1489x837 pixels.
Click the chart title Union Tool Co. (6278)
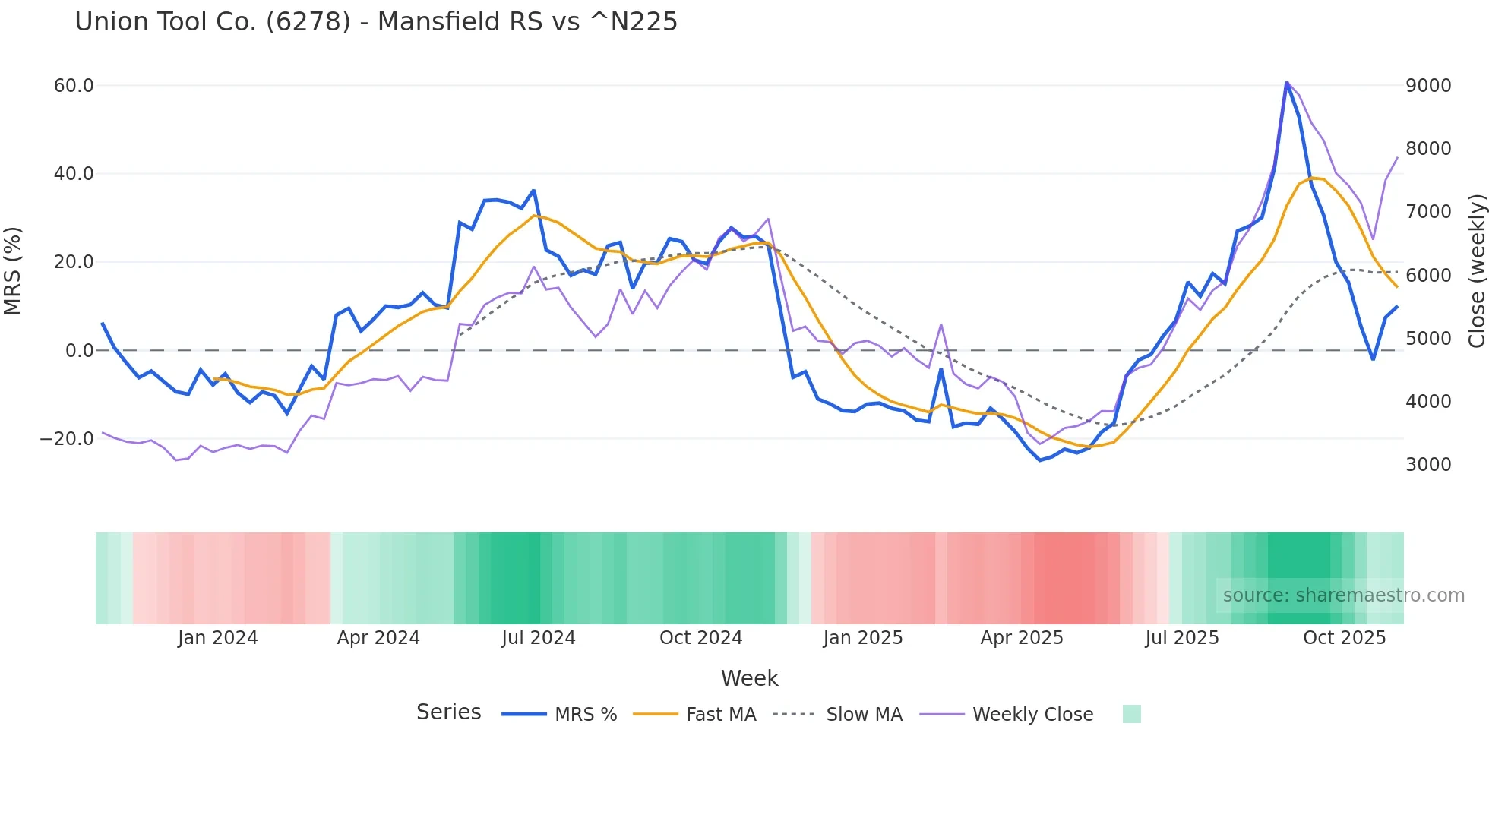tap(375, 22)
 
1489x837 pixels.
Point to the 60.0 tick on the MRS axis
tap(74, 86)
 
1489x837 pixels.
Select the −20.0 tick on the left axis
tap(68, 439)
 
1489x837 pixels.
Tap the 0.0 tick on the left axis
tap(80, 351)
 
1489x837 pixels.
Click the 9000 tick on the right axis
tap(1428, 86)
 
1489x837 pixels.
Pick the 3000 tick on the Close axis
tap(1428, 465)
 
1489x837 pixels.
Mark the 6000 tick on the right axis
tap(1428, 276)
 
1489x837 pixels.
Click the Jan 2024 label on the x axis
tap(218, 638)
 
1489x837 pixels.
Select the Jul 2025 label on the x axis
tap(1182, 638)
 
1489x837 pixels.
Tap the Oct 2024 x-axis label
tap(700, 638)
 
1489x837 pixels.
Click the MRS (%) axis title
tap(13, 271)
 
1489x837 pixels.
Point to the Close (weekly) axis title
tap(1476, 271)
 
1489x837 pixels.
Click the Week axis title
tap(749, 678)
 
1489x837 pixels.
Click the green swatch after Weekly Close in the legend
tap(1132, 714)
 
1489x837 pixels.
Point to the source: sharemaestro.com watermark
tap(1343, 595)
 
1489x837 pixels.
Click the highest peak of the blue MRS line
tap(1287, 82)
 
